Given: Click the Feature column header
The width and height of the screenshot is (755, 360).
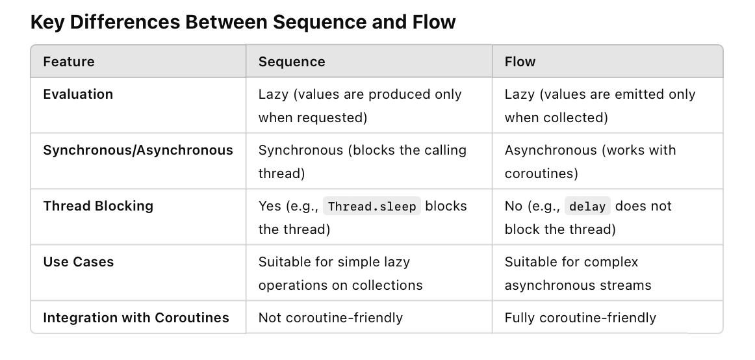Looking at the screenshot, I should pyautogui.click(x=68, y=62).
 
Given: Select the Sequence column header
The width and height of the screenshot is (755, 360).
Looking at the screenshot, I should pyautogui.click(x=292, y=62).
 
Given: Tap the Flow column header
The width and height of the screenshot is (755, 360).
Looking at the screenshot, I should pyautogui.click(x=520, y=62).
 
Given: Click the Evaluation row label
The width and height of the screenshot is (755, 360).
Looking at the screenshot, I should pyautogui.click(x=78, y=94).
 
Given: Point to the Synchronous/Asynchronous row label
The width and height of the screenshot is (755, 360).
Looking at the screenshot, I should pyautogui.click(x=138, y=150).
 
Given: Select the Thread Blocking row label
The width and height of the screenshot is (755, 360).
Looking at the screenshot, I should pyautogui.click(x=98, y=206).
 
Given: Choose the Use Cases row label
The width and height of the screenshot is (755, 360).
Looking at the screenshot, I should pyautogui.click(x=78, y=262).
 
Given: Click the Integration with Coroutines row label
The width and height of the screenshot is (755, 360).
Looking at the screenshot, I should pyautogui.click(x=136, y=318).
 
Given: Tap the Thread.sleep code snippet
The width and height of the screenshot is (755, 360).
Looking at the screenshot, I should pyautogui.click(x=372, y=207).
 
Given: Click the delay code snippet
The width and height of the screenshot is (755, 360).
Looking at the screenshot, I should pyautogui.click(x=587, y=207).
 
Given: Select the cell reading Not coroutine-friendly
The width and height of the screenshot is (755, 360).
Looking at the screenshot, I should pyautogui.click(x=330, y=318).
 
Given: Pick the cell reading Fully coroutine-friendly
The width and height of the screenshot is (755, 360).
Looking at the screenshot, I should pyautogui.click(x=580, y=318).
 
